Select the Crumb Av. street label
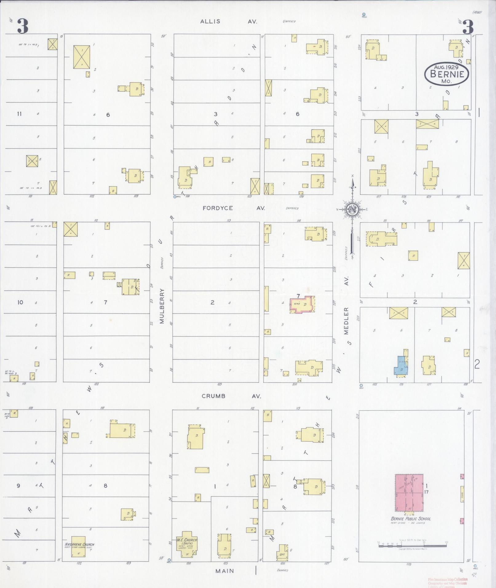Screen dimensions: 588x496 click(x=231, y=396)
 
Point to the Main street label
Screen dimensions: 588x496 click(x=224, y=571)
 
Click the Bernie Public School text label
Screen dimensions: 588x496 click(x=411, y=519)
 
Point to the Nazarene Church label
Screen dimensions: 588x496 click(x=79, y=544)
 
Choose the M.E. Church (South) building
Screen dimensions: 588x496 click(x=186, y=545)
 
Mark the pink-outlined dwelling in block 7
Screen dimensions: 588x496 click(x=302, y=305)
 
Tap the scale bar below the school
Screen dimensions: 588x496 click(x=412, y=546)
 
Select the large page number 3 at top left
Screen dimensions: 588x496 click(x=22, y=26)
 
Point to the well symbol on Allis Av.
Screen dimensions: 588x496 click(x=364, y=14)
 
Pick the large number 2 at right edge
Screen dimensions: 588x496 click(x=477, y=364)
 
